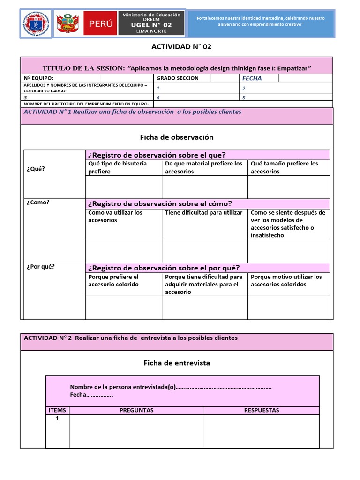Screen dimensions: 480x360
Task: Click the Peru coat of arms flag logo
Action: [68, 23]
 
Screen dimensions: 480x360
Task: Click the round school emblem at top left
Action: [36, 23]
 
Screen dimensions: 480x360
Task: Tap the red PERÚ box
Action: [100, 24]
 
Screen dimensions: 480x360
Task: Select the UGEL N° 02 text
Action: [151, 24]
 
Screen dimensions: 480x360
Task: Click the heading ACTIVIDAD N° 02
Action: [178, 46]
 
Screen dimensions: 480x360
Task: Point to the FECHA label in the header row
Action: [252, 78]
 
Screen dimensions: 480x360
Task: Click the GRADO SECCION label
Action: [178, 78]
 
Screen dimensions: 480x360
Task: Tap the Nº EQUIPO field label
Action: [38, 78]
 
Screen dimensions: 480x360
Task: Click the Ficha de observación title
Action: [177, 137]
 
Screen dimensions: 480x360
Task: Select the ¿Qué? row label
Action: [36, 169]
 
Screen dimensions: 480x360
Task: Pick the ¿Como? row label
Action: [38, 202]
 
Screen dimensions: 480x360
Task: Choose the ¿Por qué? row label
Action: [41, 267]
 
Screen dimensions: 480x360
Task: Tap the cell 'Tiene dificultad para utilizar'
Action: [204, 213]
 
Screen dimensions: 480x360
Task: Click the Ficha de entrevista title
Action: [177, 363]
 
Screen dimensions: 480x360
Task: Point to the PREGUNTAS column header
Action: [136, 410]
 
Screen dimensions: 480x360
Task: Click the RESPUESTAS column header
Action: [262, 410]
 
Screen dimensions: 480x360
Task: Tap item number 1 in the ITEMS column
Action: [57, 419]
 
